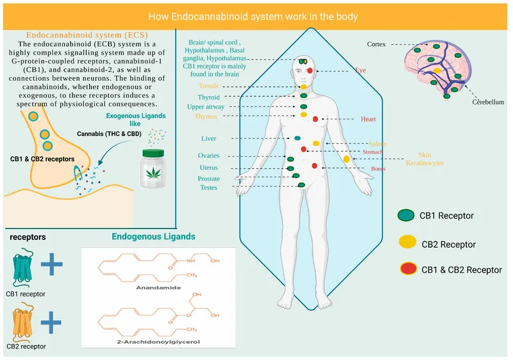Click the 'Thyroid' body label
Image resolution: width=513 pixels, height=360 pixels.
click(208, 97)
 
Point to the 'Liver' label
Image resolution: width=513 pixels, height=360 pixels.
click(209, 138)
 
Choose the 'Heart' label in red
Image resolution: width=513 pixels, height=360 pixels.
click(367, 119)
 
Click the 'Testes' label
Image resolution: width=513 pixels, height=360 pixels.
click(208, 187)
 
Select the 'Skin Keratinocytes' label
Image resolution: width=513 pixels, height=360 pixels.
click(425, 159)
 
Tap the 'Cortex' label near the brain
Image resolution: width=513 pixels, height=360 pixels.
click(376, 44)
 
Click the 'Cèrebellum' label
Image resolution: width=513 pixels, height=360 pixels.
click(488, 102)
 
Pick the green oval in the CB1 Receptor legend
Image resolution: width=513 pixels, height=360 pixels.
click(406, 216)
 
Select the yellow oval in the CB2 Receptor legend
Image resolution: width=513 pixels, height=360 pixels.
click(406, 243)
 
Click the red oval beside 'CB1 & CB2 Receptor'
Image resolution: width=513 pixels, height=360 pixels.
click(406, 269)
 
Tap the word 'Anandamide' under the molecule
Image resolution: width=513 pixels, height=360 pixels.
click(158, 288)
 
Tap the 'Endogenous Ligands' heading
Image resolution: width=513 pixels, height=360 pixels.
click(153, 237)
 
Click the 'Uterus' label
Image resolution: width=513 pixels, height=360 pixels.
click(208, 167)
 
